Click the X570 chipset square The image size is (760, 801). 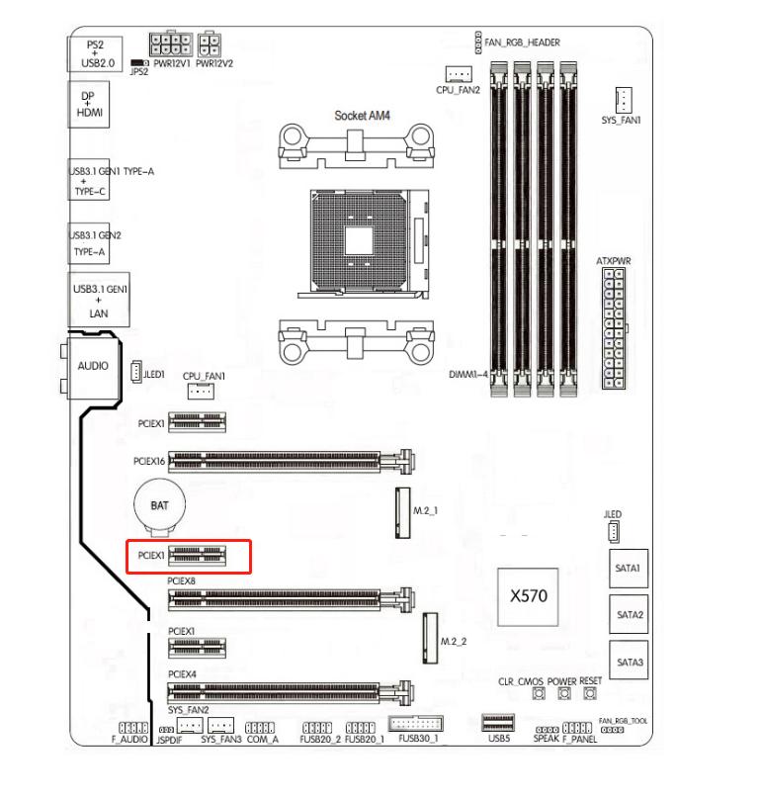[x=528, y=597]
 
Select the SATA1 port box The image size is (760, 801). [x=629, y=570]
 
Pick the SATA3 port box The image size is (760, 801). [x=629, y=661]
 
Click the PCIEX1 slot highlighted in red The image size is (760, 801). [x=197, y=556]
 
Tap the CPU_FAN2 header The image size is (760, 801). [x=458, y=74]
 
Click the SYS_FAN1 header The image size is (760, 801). [x=624, y=99]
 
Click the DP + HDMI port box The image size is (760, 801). [x=88, y=106]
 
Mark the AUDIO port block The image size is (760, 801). [x=92, y=366]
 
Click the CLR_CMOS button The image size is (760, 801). [x=541, y=696]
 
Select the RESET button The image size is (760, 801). [x=590, y=696]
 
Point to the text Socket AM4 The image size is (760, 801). [x=363, y=116]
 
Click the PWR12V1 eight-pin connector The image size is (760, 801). [x=170, y=45]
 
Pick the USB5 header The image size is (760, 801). [x=498, y=722]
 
